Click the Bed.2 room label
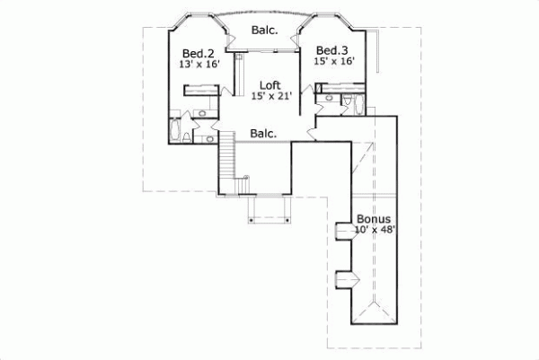198,52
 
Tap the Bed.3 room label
331,49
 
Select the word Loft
259,86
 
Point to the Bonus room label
373,218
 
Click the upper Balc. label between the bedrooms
264,30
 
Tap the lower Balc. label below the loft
262,133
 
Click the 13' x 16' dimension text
199,64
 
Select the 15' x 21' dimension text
260,97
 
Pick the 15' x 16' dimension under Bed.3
333,61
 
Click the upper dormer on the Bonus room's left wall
342,233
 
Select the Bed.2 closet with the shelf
199,89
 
